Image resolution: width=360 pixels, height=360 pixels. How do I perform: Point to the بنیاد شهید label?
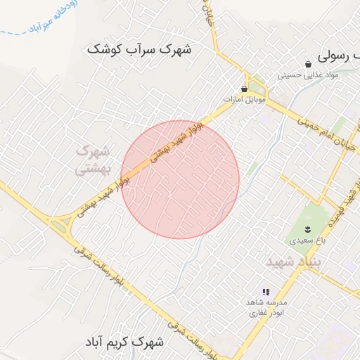click(294, 262)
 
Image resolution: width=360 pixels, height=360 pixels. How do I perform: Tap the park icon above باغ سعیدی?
click(307, 229)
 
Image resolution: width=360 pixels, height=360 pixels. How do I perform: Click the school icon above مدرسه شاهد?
click(265, 291)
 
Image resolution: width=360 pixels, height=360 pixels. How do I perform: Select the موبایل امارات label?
click(244, 100)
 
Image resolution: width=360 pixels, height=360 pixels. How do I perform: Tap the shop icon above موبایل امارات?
click(244, 89)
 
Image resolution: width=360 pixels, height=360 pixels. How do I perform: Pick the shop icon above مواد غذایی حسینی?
click(309, 64)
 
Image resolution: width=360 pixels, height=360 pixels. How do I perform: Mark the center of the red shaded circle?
click(180, 179)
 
